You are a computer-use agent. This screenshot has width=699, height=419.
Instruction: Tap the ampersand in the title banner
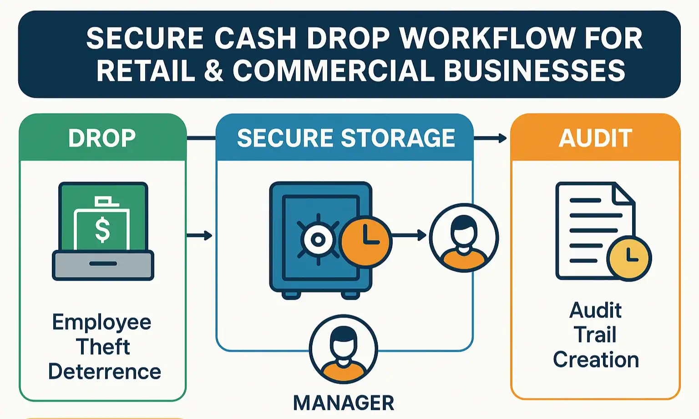point(213,71)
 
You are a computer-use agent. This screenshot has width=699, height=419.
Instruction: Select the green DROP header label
point(102,138)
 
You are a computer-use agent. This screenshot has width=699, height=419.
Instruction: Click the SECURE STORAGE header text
point(346,138)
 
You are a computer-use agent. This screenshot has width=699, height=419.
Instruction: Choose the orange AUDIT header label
point(595,138)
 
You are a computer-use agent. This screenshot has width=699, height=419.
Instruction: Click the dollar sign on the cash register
point(102,229)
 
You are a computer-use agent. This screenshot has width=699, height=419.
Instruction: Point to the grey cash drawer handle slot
point(103,263)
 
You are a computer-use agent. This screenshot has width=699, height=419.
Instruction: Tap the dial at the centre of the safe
point(318,239)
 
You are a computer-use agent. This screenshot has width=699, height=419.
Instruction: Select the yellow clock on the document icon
point(630,258)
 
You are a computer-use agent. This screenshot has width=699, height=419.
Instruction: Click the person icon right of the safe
point(464,237)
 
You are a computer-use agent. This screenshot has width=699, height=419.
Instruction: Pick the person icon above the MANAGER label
point(344,349)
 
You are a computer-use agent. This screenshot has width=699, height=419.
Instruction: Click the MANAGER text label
point(344,403)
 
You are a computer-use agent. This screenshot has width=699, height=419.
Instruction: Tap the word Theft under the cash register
point(103,347)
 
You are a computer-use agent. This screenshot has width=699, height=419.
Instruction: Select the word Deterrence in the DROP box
point(105,372)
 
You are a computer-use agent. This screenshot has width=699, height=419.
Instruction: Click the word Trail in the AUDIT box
point(595,335)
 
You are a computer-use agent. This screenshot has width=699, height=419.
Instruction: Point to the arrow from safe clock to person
point(409,235)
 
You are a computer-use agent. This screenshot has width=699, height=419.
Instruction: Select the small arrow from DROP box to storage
point(200,235)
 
